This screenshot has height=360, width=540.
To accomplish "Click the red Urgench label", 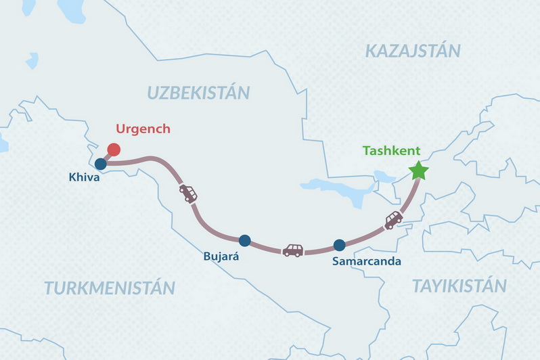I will [x=143, y=129].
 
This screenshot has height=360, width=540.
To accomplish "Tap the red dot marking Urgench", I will [x=114, y=150].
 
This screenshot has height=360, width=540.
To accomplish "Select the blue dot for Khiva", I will [x=101, y=164].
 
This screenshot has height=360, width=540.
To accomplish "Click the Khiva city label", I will [x=85, y=178].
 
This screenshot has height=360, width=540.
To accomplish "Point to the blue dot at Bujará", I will [x=245, y=240].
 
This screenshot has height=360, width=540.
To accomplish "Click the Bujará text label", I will [x=221, y=257].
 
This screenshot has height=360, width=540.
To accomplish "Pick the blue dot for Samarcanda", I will [x=340, y=245].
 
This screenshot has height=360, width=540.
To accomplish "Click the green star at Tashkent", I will [x=419, y=171].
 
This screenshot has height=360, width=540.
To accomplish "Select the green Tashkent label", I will [x=392, y=150].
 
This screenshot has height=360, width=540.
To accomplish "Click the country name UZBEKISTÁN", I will [x=198, y=93].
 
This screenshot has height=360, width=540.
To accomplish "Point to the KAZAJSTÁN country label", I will [x=412, y=50].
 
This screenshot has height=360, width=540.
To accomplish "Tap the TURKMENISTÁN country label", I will [x=110, y=288].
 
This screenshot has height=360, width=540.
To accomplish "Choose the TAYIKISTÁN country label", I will [x=459, y=286].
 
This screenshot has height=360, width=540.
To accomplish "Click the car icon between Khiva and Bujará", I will [x=188, y=194].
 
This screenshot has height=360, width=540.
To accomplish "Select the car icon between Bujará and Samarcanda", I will [x=293, y=250].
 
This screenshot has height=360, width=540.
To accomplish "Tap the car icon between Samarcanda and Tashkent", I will [x=393, y=220].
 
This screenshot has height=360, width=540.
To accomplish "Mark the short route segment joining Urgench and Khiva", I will [x=107, y=157].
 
